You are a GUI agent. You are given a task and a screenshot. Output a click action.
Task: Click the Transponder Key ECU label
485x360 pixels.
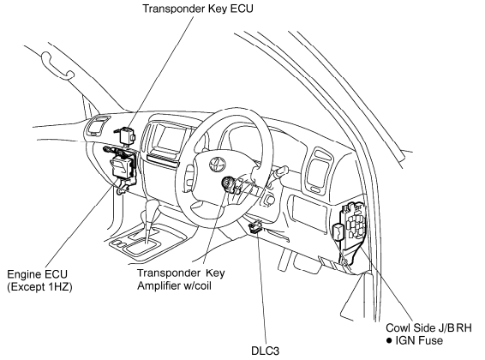click(x=198, y=9)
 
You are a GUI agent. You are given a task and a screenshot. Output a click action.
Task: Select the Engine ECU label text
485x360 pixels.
click(x=37, y=274)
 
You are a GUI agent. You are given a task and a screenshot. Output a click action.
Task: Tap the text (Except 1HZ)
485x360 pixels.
click(x=39, y=287)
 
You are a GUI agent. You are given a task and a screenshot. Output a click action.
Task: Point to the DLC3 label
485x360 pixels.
click(x=265, y=351)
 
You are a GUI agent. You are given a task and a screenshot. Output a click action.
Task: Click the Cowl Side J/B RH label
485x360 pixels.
click(x=428, y=327)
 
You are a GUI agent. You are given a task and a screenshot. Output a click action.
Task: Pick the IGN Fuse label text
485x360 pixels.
click(x=419, y=340)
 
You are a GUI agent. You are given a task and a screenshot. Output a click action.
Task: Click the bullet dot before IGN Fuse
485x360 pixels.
click(x=389, y=341)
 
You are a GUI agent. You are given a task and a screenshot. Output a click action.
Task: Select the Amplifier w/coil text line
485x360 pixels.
click(x=175, y=285)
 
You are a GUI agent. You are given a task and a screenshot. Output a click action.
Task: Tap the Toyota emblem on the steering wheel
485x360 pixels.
click(x=217, y=164)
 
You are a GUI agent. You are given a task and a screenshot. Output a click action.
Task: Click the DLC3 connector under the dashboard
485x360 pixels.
click(x=255, y=226)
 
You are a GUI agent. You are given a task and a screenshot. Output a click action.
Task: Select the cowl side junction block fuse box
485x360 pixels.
click(x=353, y=222)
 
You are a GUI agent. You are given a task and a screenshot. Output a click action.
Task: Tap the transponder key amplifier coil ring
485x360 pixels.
click(x=228, y=184)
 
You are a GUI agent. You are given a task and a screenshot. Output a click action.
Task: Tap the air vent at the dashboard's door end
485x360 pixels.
click(x=319, y=171)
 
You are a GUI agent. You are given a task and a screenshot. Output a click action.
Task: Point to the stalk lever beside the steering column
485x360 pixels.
click(x=279, y=171)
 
